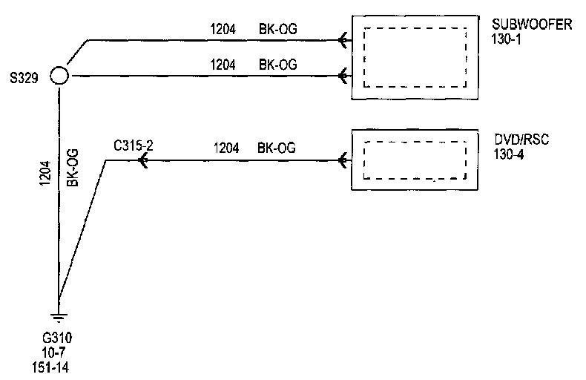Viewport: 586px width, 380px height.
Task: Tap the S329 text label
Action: tap(24, 78)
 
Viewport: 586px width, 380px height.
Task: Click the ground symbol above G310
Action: tap(59, 317)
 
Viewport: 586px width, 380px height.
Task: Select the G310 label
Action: tap(57, 338)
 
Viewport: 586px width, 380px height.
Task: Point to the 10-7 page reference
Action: tap(53, 353)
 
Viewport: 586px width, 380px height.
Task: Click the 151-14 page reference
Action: tap(50, 367)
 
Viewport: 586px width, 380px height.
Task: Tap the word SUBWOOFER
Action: tap(532, 24)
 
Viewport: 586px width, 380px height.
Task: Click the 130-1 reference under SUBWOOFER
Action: tap(506, 39)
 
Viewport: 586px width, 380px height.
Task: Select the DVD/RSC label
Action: tap(521, 140)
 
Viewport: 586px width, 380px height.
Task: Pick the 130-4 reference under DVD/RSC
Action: tap(509, 154)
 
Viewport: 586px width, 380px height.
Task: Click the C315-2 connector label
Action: tap(134, 145)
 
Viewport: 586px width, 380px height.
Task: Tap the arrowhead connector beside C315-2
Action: tap(142, 161)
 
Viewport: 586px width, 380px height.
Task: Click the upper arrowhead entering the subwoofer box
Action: tap(343, 39)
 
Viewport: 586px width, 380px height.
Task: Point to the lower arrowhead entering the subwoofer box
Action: tap(343, 76)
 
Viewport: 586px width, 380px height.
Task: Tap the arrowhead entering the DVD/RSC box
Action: tap(343, 161)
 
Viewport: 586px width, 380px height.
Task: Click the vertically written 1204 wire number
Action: tap(45, 173)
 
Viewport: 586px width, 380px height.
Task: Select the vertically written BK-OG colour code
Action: tap(73, 168)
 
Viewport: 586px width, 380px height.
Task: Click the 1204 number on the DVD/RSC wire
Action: tap(226, 148)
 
